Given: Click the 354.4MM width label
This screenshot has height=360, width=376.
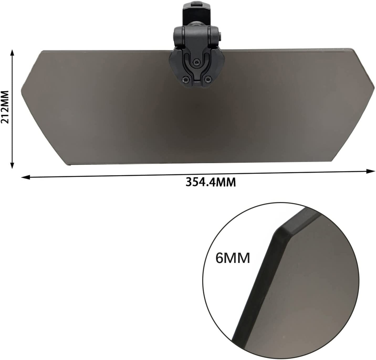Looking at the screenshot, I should pos(211,182).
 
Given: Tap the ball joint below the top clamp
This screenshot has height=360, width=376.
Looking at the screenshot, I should pos(196,24).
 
